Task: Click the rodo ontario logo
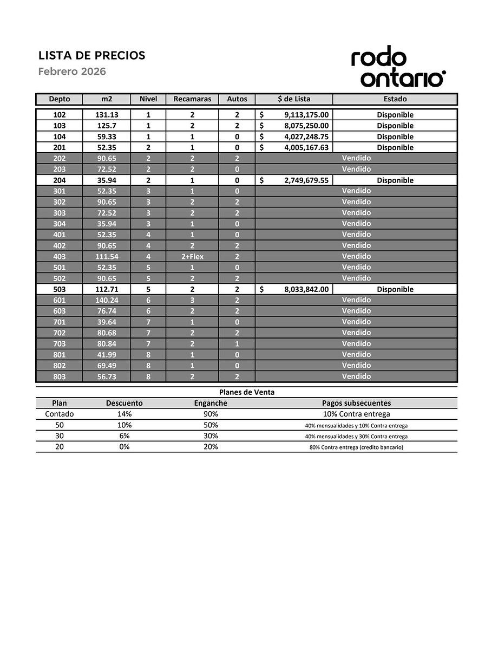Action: pos(397,69)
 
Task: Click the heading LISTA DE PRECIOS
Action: pos(91,55)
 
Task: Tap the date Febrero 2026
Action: pos(71,71)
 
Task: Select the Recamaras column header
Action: pos(192,99)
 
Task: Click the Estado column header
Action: pos(395,99)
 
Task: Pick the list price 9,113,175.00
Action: pos(306,115)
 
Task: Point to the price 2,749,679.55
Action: pos(306,180)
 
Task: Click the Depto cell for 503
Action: pos(59,289)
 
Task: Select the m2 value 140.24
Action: pos(107,300)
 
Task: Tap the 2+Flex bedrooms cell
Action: pos(192,257)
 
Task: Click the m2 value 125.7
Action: pos(107,126)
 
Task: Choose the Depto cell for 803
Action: pos(59,376)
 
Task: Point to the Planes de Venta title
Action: pos(246,392)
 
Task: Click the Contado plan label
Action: pos(59,414)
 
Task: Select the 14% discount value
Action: pos(124,414)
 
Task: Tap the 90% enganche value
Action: pos(211,414)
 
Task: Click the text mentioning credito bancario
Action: pos(356,447)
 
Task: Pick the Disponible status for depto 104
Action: pos(395,136)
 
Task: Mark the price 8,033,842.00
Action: pos(306,289)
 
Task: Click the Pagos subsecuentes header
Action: pos(356,403)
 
